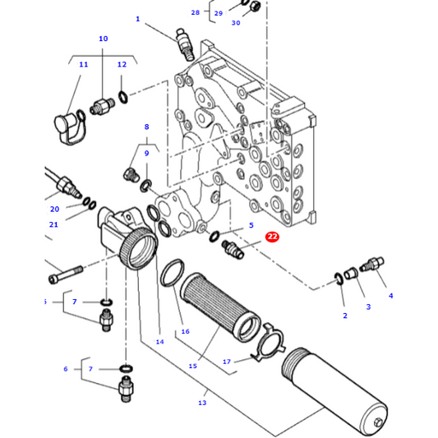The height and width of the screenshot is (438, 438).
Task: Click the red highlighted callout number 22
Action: click(x=272, y=237)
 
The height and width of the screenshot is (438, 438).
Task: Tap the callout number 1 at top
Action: click(x=137, y=19)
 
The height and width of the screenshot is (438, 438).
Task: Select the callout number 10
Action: click(x=103, y=39)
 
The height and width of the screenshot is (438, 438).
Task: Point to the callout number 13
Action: click(x=202, y=403)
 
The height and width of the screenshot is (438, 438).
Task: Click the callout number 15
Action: click(x=193, y=366)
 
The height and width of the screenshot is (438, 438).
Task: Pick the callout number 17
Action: click(x=227, y=361)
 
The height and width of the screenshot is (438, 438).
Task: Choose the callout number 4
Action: click(x=390, y=295)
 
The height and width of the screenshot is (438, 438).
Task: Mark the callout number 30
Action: click(x=236, y=23)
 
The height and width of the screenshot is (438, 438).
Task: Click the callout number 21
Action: click(x=53, y=224)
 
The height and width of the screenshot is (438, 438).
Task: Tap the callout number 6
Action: click(x=66, y=369)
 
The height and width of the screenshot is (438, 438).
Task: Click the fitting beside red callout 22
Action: click(x=234, y=250)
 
